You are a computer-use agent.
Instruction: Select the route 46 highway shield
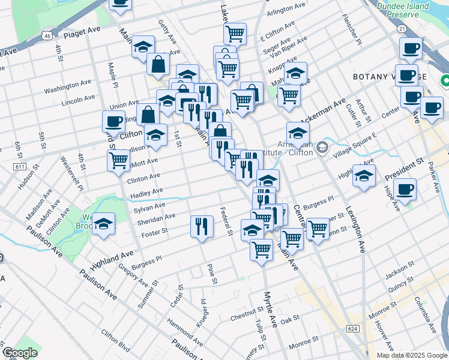click(x=47, y=36)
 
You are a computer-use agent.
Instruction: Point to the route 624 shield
click(x=352, y=328)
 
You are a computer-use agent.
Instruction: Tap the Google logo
click(x=20, y=353)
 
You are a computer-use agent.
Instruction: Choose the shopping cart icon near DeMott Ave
click(x=119, y=160)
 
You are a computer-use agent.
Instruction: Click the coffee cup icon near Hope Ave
click(x=406, y=189)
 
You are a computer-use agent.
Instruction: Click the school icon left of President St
click(x=364, y=175)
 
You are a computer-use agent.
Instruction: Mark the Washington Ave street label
click(x=68, y=86)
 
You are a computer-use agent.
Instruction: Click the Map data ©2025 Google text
click(x=412, y=355)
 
